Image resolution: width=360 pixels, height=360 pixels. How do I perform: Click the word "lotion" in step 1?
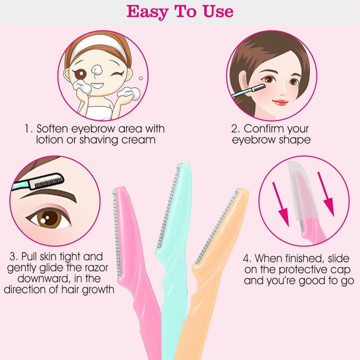[x=51, y=140]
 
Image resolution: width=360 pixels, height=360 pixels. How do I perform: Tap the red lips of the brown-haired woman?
[x=280, y=102]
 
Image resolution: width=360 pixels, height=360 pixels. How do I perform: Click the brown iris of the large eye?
[x=50, y=218]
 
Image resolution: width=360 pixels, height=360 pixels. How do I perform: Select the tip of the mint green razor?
[x=183, y=167]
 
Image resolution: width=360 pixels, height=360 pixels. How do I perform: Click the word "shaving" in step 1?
[x=99, y=140]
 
